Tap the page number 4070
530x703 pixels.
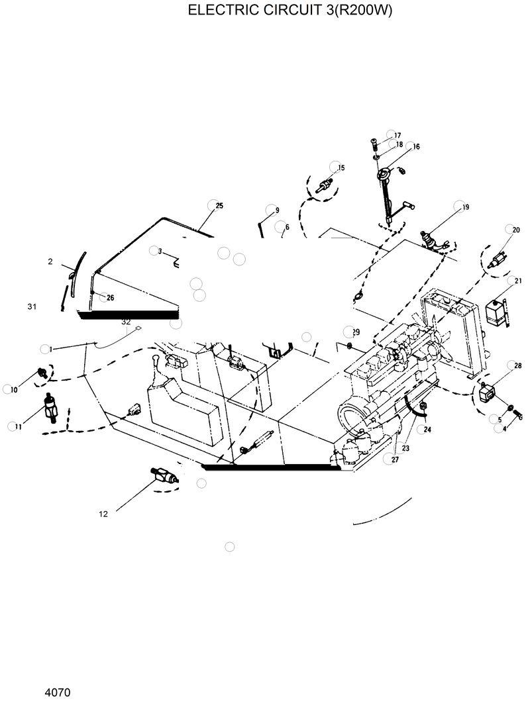(x=58, y=692)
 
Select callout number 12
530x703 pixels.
(x=103, y=513)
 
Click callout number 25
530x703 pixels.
(x=219, y=205)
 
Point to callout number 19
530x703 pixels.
(x=466, y=207)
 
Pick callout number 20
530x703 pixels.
(x=516, y=230)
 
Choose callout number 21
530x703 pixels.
(x=518, y=281)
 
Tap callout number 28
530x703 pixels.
(x=517, y=365)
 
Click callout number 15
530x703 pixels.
(x=341, y=167)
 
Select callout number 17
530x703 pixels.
(x=397, y=135)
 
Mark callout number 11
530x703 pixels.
(x=19, y=427)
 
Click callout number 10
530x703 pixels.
(x=14, y=390)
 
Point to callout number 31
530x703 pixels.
(x=32, y=306)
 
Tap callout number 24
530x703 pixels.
(x=427, y=429)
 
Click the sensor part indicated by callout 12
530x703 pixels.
(x=164, y=476)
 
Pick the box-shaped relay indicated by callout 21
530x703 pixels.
(x=494, y=311)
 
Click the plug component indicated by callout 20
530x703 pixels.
(x=497, y=259)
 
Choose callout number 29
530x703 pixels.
(x=356, y=332)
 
